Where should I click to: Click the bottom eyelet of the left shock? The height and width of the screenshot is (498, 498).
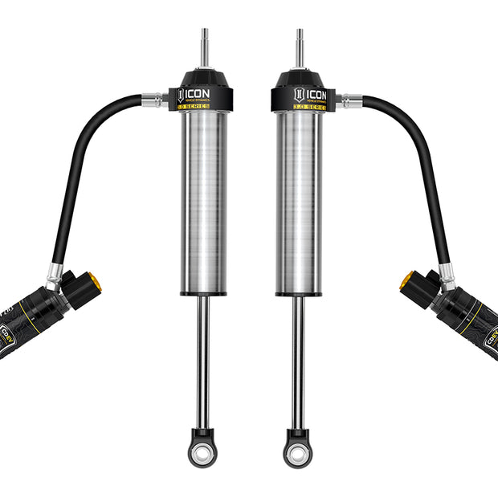tap(202, 450)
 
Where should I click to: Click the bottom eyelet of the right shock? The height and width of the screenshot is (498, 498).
tap(298, 450)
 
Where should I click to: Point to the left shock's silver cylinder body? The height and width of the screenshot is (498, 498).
tap(203, 201)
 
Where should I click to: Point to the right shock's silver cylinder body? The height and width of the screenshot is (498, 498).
tap(299, 201)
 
